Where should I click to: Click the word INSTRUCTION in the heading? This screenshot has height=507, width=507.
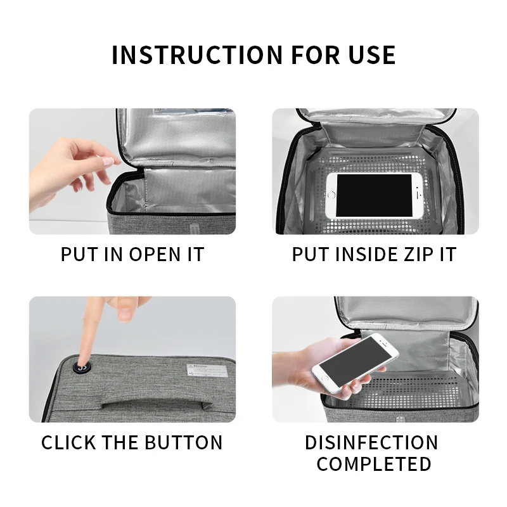pyautogui.click(x=197, y=55)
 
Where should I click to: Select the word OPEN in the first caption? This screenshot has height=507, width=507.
pyautogui.click(x=155, y=254)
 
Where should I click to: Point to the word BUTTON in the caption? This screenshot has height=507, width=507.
pyautogui.click(x=183, y=442)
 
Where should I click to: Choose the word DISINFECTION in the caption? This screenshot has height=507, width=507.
pyautogui.click(x=371, y=442)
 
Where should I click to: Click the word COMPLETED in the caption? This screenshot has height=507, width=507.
pyautogui.click(x=374, y=464)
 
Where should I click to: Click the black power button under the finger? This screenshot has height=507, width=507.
pyautogui.click(x=82, y=368)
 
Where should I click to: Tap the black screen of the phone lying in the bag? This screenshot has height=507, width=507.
pyautogui.click(x=374, y=195)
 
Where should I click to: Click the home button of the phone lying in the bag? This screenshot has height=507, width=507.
pyautogui.click(x=331, y=195)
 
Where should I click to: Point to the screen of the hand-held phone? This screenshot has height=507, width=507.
pyautogui.click(x=355, y=362)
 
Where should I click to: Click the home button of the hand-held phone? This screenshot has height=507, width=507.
pyautogui.click(x=324, y=378)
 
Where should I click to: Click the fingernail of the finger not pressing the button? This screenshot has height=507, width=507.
pyautogui.click(x=124, y=314)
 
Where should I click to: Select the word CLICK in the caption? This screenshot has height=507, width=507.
pyautogui.click(x=68, y=442)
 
